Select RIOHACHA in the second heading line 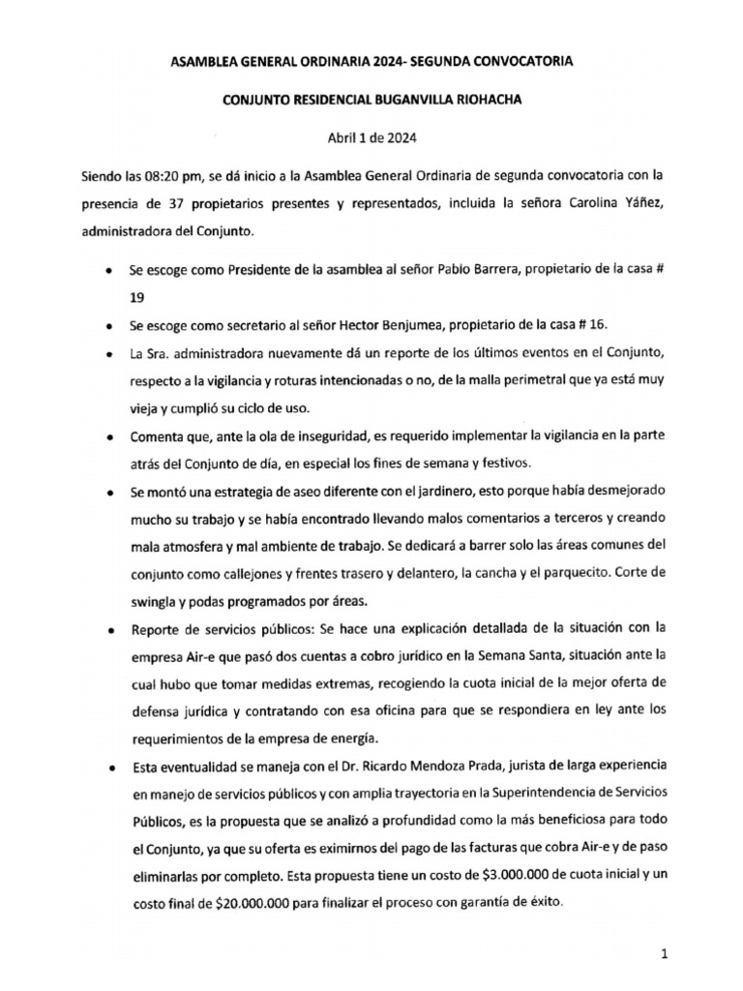click(504, 99)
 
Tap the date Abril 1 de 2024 click(372, 136)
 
